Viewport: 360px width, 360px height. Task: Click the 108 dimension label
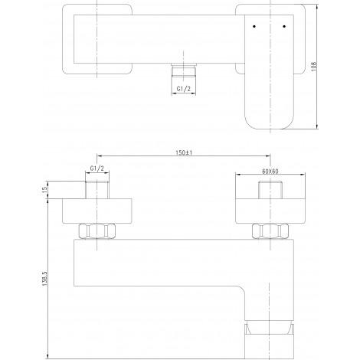pos(314,67)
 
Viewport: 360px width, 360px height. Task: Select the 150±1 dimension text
pos(184,152)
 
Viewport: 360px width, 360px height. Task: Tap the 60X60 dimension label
pos(270,172)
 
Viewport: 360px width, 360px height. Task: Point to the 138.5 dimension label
pos(44,278)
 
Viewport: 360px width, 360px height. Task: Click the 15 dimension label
pos(44,189)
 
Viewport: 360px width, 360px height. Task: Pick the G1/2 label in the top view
pos(184,89)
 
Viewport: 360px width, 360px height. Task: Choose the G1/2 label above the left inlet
pos(97,169)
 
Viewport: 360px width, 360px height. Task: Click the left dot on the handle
pos(254,26)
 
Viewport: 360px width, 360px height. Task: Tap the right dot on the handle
pos(284,26)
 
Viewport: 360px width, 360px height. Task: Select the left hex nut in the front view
pos(97,231)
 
